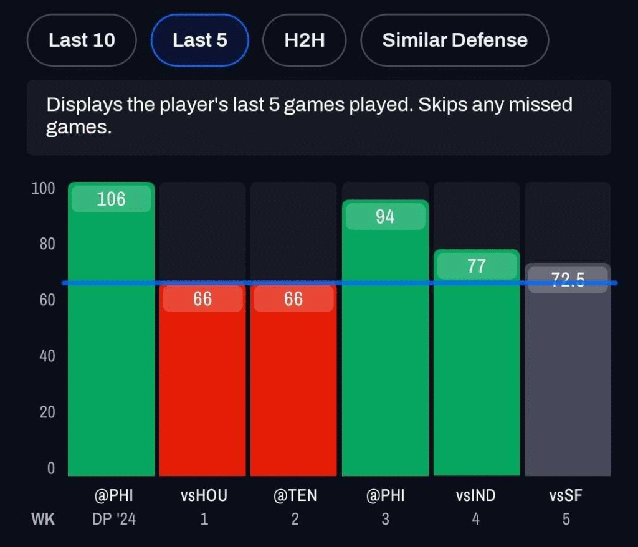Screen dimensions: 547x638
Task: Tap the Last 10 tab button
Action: tap(82, 40)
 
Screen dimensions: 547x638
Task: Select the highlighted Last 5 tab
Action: tap(199, 40)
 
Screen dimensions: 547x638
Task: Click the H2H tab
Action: tap(305, 40)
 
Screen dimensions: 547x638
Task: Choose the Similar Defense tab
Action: tap(454, 40)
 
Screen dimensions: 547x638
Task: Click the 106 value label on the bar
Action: tap(111, 199)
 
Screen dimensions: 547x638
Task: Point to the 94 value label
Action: tap(385, 217)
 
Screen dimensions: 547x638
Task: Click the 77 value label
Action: tap(476, 267)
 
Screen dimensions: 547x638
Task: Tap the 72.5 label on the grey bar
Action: tap(567, 280)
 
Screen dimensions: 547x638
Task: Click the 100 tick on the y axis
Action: tap(43, 188)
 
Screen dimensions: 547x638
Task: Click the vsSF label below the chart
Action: tap(566, 496)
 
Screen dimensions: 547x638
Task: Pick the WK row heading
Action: tap(43, 518)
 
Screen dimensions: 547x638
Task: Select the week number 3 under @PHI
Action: tap(385, 518)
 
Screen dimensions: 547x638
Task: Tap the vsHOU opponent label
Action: tap(204, 496)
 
